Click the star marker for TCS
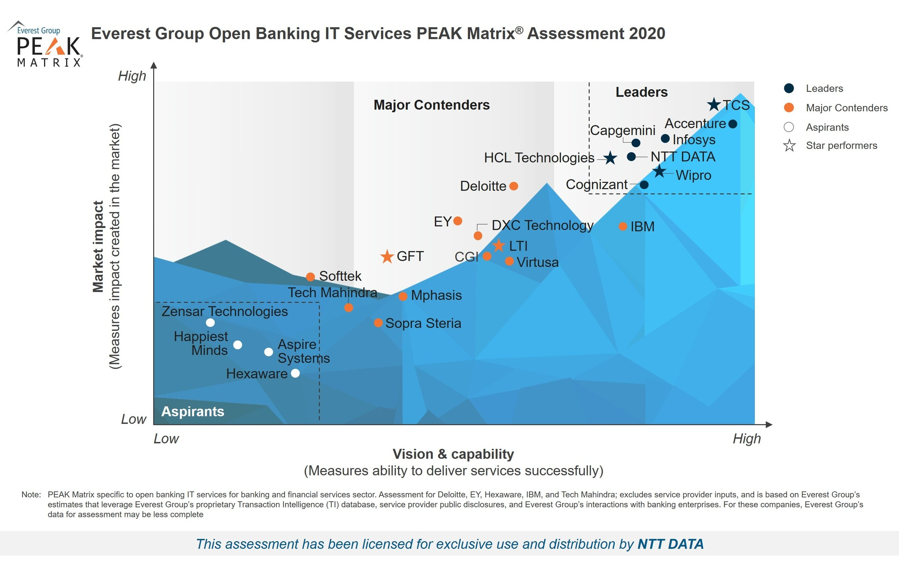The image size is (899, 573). coord(714,105)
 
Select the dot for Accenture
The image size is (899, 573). coord(733,124)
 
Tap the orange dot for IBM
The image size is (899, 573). coord(622,226)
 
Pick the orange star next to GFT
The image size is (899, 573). coord(387,257)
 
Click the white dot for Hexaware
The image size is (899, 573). coord(295,373)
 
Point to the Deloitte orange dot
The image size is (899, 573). coord(514,186)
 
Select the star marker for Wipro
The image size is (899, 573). coord(659,172)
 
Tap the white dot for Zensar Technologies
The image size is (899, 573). coord(210,322)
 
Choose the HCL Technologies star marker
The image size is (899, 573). coord(610,158)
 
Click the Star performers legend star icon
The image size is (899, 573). coord(789,145)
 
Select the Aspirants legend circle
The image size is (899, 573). coord(788,127)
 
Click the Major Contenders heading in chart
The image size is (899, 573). coord(431,105)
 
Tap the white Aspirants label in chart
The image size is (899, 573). coord(193,411)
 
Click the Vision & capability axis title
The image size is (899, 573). coord(453,454)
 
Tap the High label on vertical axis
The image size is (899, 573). coord(132,76)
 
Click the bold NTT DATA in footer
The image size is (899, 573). coord(670,544)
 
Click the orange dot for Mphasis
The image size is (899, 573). coord(403,296)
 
